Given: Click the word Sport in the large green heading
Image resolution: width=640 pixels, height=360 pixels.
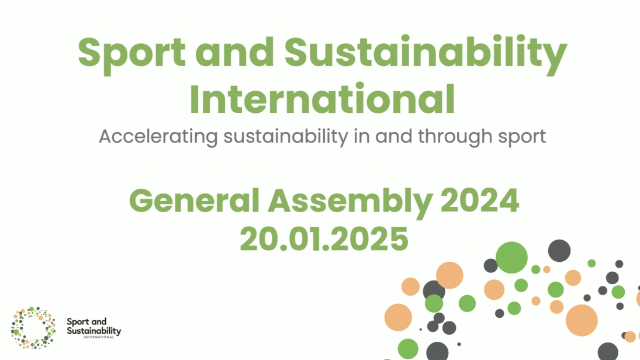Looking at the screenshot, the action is coord(132,54).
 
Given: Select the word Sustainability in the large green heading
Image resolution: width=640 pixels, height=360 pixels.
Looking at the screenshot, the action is coord(425,54).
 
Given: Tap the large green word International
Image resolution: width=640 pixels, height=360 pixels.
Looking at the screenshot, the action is coord(323,99).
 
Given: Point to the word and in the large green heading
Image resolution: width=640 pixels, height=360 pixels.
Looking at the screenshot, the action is coord(235,52).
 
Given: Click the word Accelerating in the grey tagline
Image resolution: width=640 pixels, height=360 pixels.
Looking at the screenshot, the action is coord(158,137).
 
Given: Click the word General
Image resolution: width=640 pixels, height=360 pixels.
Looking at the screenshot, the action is coord(194,200).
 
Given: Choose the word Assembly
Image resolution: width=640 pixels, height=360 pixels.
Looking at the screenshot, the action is coord(350,202).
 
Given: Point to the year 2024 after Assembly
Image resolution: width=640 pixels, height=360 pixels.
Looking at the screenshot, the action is coord(480,200).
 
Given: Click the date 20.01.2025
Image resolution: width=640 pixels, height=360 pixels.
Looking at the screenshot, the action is coord(324,239).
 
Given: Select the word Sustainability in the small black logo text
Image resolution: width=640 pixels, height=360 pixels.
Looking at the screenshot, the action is coord(94,331).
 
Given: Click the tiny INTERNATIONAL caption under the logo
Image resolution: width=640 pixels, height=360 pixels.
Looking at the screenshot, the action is coord(99,337).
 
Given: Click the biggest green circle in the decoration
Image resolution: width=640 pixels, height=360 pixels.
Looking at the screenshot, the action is coord(511,257).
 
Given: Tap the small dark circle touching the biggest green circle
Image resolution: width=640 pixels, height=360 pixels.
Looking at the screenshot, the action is coord(490,266).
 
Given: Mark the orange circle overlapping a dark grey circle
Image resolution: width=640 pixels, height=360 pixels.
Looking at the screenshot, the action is coord(449,275).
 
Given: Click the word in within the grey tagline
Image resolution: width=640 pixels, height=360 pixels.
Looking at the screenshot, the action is coord(361,136).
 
